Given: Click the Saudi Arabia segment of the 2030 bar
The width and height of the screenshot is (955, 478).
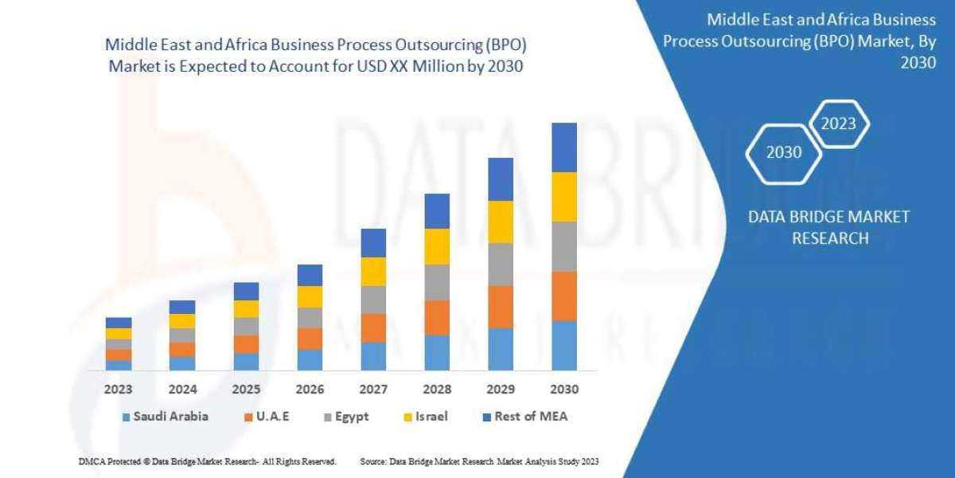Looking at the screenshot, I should pyautogui.click(x=563, y=346).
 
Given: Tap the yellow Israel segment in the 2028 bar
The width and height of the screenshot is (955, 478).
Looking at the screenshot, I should pyautogui.click(x=437, y=246).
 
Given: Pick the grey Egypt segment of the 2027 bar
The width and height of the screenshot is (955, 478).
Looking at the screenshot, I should pyautogui.click(x=373, y=300).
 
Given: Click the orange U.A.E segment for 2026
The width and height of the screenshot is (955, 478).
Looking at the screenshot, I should pyautogui.click(x=310, y=339).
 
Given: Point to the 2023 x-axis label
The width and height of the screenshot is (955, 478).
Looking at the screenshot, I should pyautogui.click(x=118, y=390).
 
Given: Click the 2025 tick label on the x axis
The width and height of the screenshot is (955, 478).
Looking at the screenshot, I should pyautogui.click(x=246, y=390).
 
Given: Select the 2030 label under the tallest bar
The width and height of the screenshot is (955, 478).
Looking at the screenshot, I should pyautogui.click(x=563, y=390).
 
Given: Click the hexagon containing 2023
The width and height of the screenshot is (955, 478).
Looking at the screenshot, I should pyautogui.click(x=838, y=123).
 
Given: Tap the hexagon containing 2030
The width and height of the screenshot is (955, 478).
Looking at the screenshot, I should pyautogui.click(x=784, y=152).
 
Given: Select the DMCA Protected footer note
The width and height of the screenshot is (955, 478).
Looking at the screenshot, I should pyautogui.click(x=207, y=461).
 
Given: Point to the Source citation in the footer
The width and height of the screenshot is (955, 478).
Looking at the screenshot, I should pyautogui.click(x=479, y=461).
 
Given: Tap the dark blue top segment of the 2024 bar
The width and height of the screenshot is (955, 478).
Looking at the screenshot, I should pyautogui.click(x=182, y=307).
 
